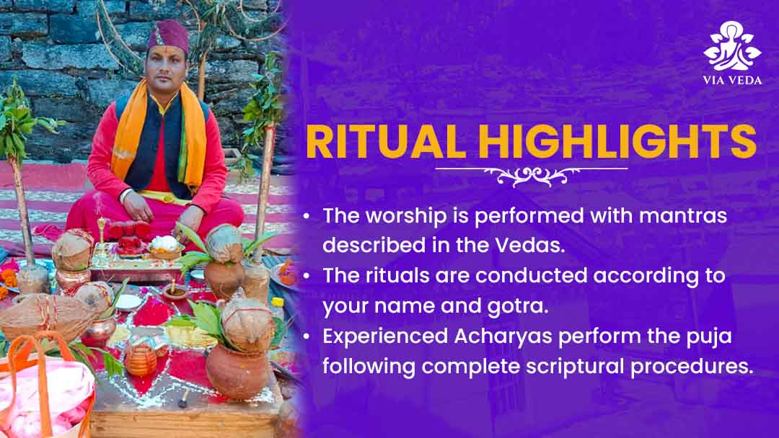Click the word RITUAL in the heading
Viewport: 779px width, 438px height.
click(385, 142)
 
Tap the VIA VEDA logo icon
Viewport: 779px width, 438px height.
click(732, 45)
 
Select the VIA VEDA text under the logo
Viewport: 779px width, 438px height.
click(732, 81)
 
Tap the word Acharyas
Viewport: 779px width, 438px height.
click(503, 337)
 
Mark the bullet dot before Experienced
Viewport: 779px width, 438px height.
click(307, 337)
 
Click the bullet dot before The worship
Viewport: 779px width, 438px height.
click(307, 216)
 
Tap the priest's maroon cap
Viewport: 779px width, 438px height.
click(168, 35)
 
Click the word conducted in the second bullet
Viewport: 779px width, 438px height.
click(531, 276)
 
